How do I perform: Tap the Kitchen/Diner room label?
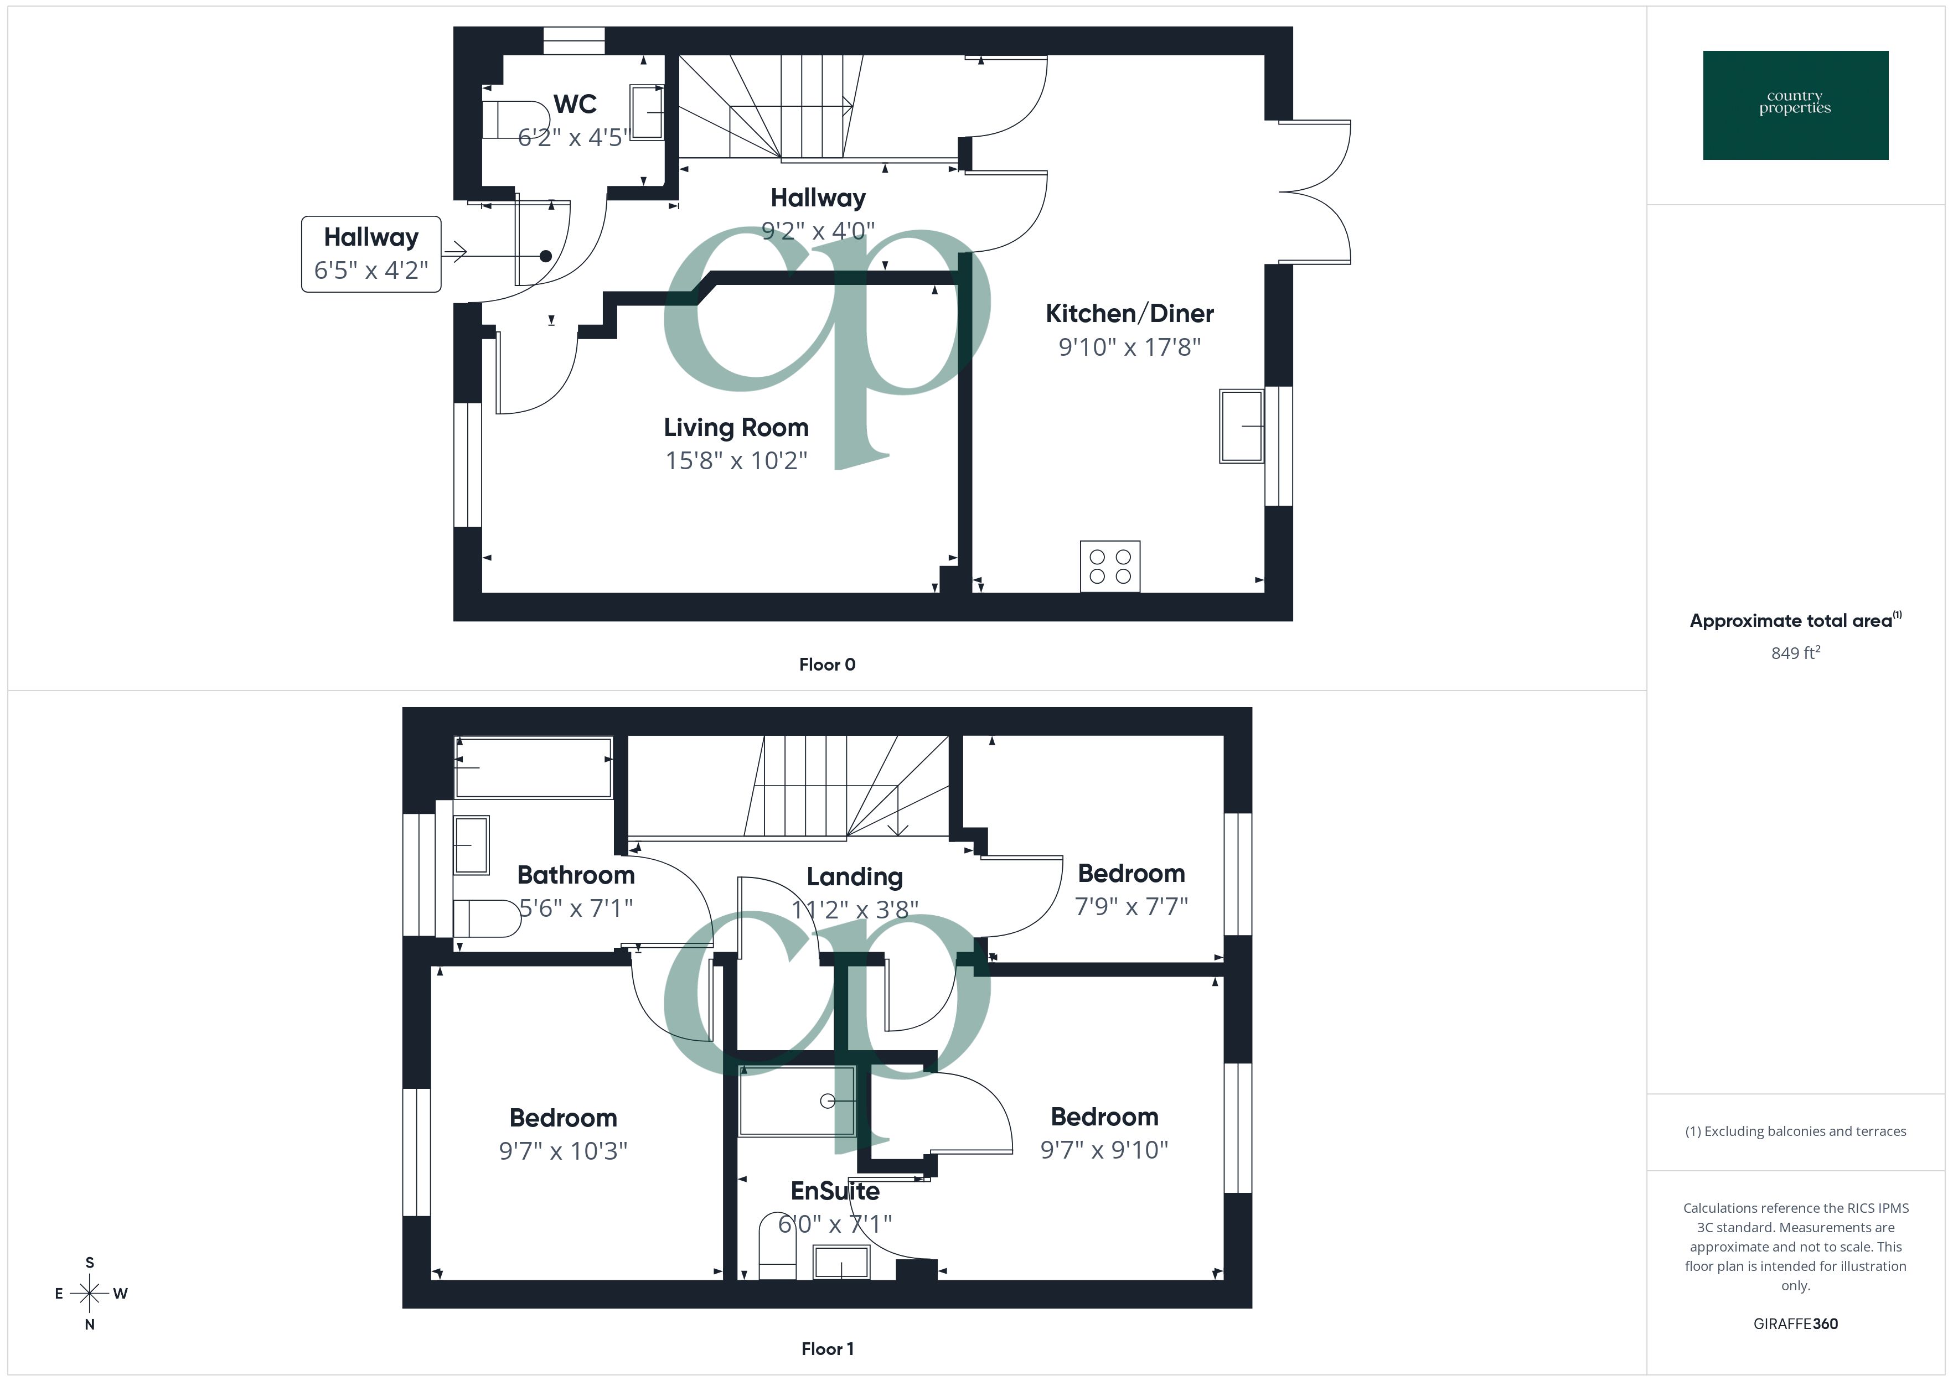[1129, 314]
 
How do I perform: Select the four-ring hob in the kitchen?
[1109, 567]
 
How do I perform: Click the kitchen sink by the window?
[1241, 426]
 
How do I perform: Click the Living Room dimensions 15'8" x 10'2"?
[736, 460]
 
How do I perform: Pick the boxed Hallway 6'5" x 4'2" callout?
[371, 253]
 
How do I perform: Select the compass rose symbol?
[89, 1294]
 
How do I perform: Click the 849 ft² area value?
[1795, 653]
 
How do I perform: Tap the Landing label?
[854, 877]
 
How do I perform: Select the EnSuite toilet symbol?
[777, 1246]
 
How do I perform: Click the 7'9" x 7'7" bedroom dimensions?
[1130, 906]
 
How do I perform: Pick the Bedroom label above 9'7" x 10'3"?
[562, 1118]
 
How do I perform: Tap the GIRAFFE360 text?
[1795, 1324]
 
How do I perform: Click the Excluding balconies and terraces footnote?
[1795, 1131]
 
